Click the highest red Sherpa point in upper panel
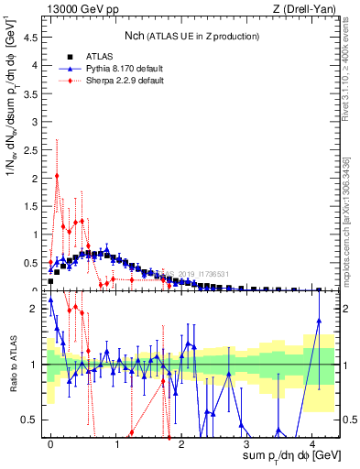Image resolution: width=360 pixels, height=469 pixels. point(57,176)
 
